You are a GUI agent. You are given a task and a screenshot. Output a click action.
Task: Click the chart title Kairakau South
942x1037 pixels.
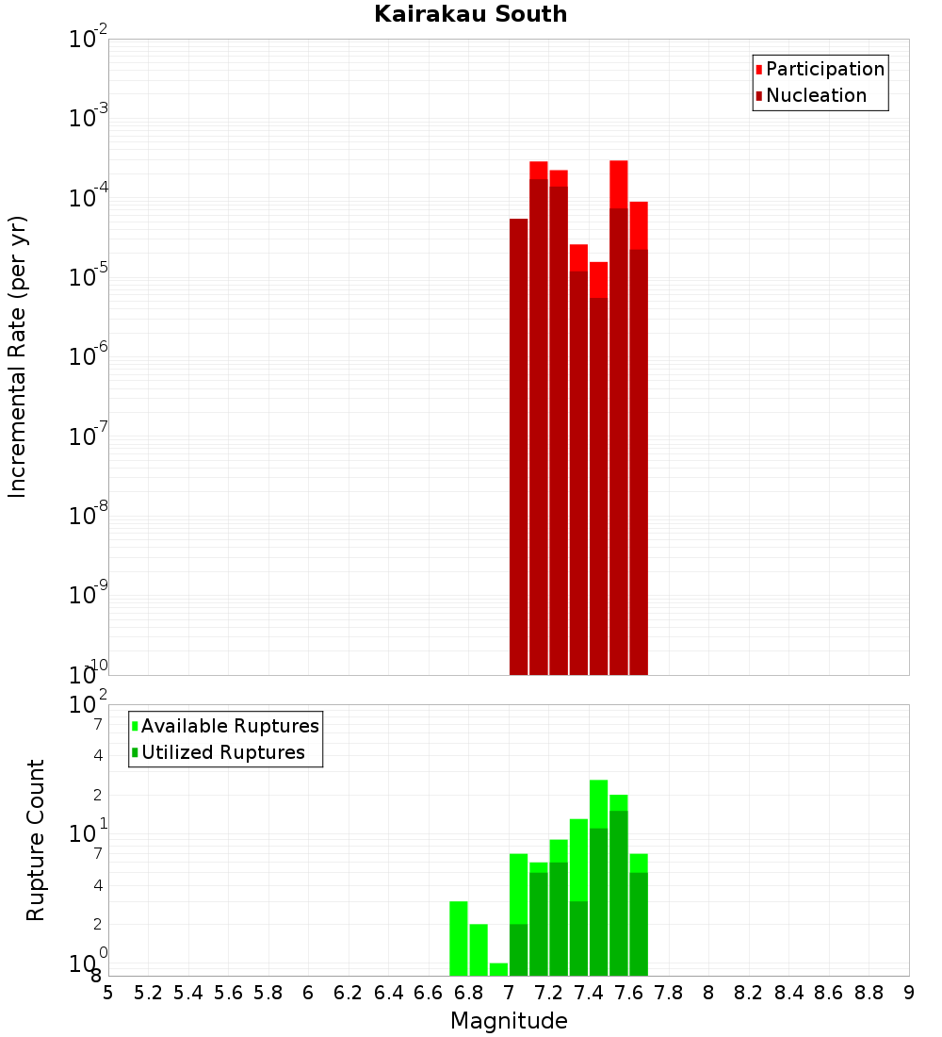470,14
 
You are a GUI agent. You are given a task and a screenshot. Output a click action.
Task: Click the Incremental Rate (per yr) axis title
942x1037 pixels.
17,356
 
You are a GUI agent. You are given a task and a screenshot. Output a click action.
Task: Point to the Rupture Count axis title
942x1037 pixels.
36,840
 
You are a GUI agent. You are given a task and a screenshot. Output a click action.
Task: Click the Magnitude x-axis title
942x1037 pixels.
509,1021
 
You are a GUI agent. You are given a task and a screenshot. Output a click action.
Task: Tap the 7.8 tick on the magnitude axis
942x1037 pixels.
669,993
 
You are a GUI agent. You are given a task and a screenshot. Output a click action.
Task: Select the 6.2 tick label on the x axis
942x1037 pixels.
349,993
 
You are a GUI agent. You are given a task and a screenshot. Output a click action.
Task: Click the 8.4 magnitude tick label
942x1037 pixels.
789,993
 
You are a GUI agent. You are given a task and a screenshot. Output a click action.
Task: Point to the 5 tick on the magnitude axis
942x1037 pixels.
108,993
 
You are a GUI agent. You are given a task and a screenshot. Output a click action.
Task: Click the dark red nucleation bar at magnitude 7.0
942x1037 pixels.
518,443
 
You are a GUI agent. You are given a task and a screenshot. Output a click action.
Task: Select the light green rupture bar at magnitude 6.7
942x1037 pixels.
459,938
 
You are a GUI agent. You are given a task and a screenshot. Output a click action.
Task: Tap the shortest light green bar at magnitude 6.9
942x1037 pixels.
498,969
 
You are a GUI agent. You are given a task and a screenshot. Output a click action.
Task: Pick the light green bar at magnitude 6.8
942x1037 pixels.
479,949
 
